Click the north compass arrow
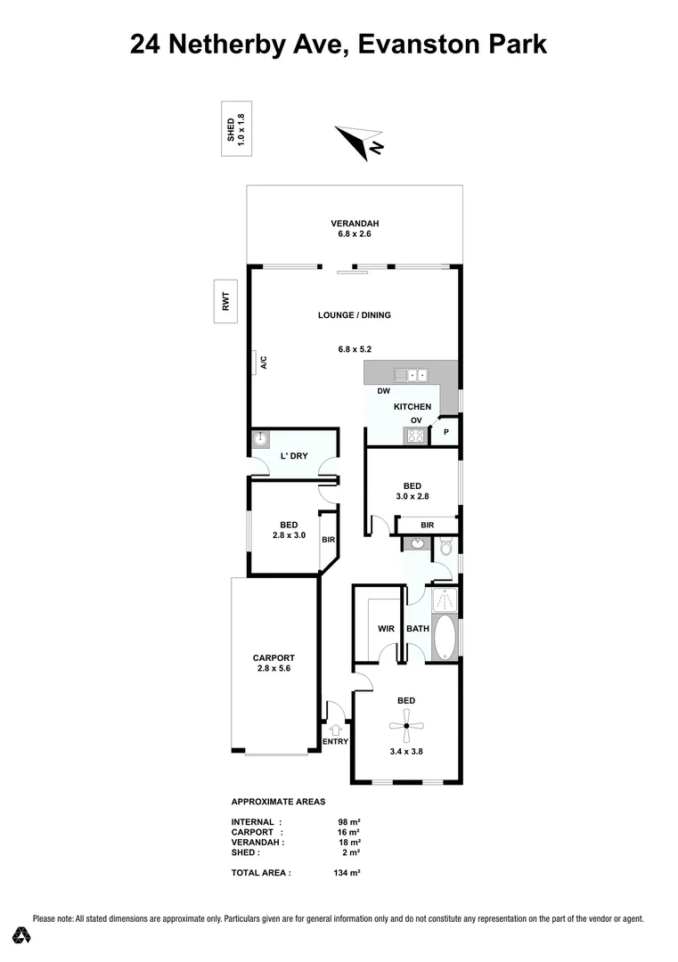(354, 141)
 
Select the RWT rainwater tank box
(225, 302)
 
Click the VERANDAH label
(355, 223)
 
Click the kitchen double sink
(412, 374)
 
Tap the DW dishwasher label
(383, 392)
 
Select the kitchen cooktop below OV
(415, 436)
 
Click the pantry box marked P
(445, 434)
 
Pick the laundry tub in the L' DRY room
(260, 439)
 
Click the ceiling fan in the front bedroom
(405, 727)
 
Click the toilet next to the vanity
(446, 546)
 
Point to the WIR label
(386, 629)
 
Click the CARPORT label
(273, 658)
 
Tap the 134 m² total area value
(347, 873)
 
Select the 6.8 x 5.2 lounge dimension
(355, 349)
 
